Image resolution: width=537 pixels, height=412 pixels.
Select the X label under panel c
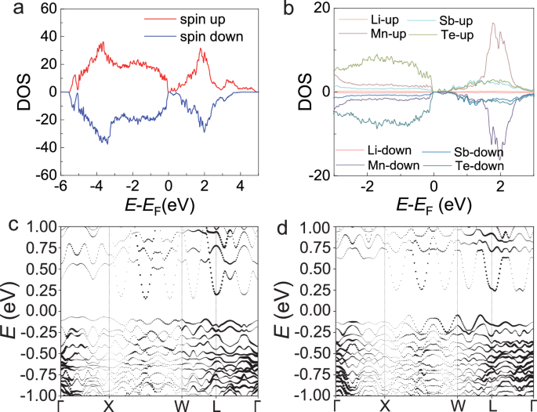(109, 405)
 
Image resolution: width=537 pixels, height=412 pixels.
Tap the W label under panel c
(182, 405)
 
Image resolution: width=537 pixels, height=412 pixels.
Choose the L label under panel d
(492, 405)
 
